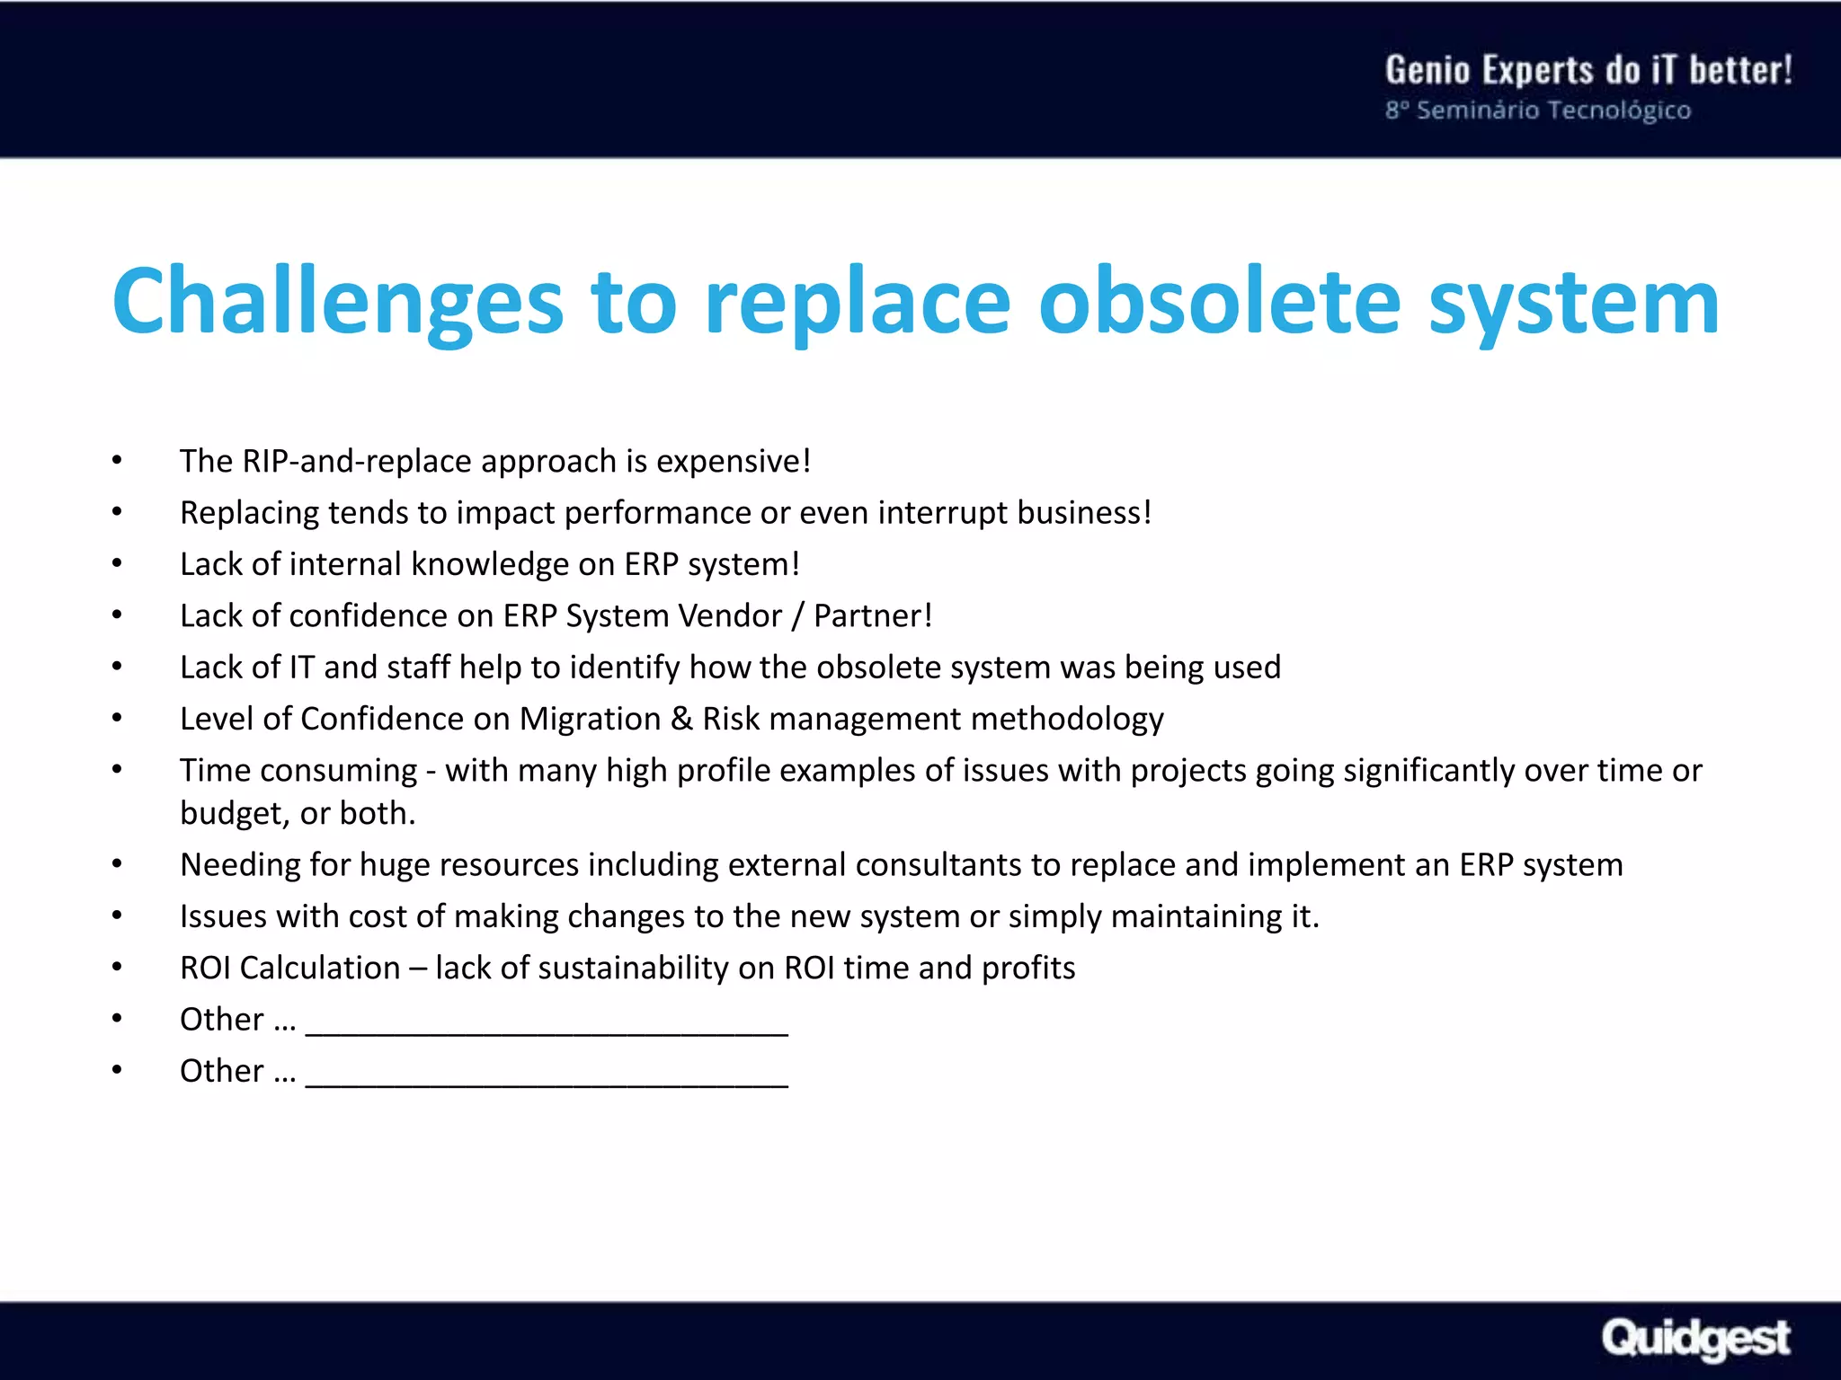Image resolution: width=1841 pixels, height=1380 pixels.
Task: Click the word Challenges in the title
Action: click(337, 302)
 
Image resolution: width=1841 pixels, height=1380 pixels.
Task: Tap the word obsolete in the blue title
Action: click(1219, 302)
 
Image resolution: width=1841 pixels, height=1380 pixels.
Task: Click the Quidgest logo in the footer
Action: click(1695, 1339)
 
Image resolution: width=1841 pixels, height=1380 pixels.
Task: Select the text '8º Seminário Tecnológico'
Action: click(1537, 111)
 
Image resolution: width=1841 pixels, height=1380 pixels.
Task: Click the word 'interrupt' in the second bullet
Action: click(943, 512)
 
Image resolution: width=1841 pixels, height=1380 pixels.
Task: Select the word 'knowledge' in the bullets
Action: click(489, 564)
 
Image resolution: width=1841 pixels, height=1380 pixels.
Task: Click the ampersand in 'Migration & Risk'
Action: click(681, 719)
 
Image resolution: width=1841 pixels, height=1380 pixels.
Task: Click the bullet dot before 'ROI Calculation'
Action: click(117, 967)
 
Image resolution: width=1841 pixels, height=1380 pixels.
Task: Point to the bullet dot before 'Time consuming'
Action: click(117, 769)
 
